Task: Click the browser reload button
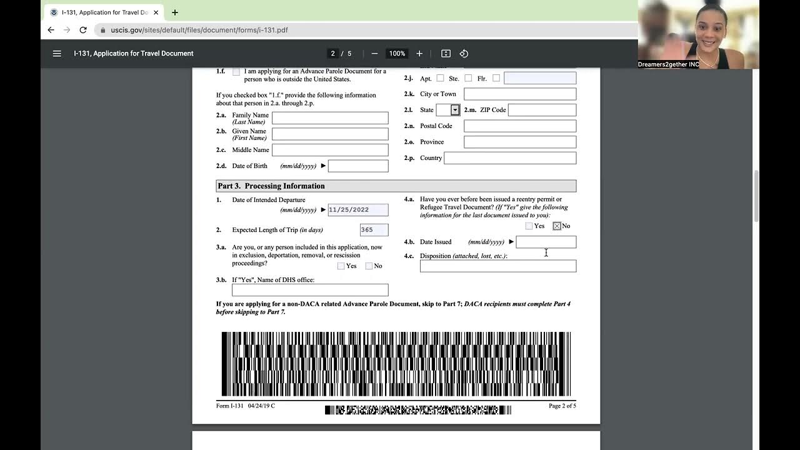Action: (x=82, y=30)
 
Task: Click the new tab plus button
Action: (x=174, y=12)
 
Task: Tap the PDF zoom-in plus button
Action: (x=419, y=54)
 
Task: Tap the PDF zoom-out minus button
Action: (x=374, y=54)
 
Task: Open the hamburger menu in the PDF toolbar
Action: (x=57, y=54)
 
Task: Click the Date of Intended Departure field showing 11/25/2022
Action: (x=357, y=210)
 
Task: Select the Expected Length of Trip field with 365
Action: (x=374, y=230)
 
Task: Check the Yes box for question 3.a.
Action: (x=341, y=266)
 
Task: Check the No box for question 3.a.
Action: (x=369, y=266)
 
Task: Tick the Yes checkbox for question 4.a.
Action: (x=529, y=226)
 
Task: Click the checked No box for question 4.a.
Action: (x=556, y=226)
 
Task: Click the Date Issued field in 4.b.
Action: (x=546, y=242)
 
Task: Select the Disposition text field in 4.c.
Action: (x=497, y=266)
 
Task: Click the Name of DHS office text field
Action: (x=309, y=290)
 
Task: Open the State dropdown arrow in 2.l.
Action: (x=455, y=110)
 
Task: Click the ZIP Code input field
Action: (x=542, y=110)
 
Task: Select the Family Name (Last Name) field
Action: (x=329, y=118)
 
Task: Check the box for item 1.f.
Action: (x=236, y=72)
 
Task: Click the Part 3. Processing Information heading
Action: (x=271, y=186)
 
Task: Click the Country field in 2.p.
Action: (x=509, y=158)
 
